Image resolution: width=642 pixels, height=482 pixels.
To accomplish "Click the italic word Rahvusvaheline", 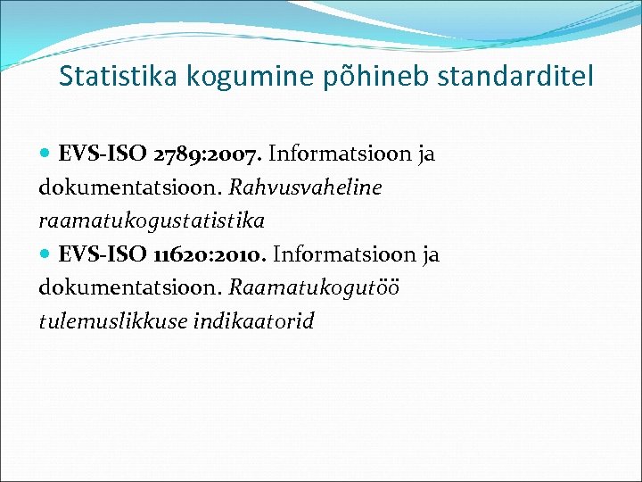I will point(305,187).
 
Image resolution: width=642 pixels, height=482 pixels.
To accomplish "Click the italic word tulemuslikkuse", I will point(112,321).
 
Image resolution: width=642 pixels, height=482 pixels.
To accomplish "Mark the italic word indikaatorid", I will point(253,321).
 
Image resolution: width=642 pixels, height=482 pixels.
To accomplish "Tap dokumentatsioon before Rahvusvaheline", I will point(130,187).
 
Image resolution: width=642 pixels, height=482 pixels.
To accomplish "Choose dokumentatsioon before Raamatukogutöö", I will point(130,288).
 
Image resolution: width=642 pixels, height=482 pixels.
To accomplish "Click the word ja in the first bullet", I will point(424,155).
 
